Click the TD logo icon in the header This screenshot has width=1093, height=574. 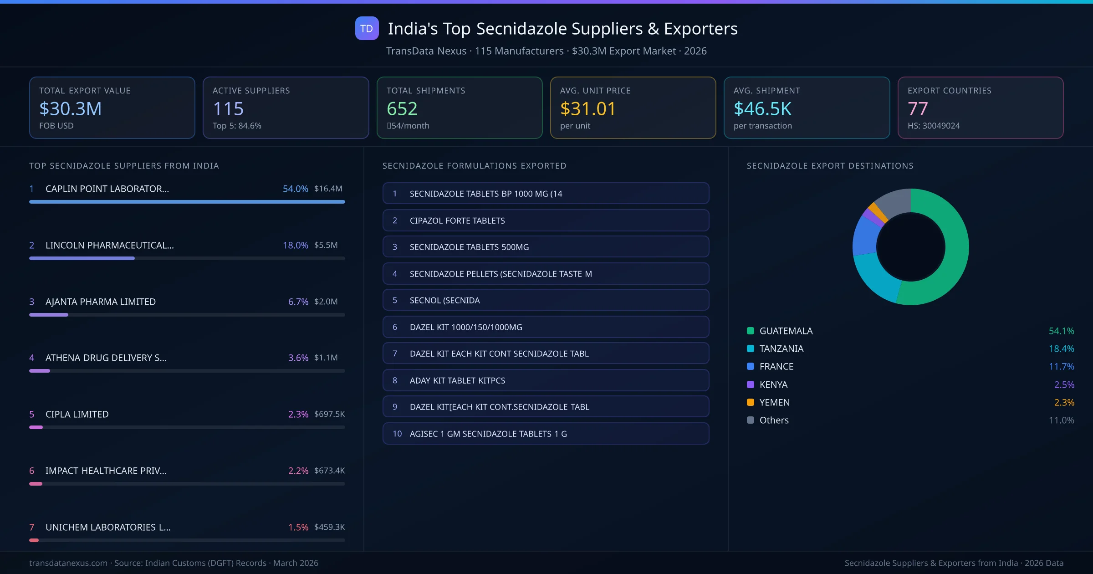tap(367, 28)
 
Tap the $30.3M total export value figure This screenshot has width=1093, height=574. tap(71, 109)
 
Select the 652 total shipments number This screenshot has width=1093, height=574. tap(402, 109)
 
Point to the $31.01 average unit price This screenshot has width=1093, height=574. tap(587, 109)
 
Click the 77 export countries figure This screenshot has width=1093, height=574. tap(917, 109)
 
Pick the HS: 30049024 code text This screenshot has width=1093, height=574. tap(933, 126)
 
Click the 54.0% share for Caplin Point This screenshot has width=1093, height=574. tap(295, 189)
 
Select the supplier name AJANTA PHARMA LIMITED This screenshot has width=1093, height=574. tap(100, 302)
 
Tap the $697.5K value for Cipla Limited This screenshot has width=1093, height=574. tap(329, 414)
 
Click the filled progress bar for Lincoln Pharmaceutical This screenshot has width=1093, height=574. tap(82, 258)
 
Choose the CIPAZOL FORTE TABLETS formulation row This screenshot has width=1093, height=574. tap(545, 220)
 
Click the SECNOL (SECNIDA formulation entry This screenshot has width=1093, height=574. tap(545, 300)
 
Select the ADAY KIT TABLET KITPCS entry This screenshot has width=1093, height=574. tap(545, 380)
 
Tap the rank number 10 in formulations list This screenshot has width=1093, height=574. tap(397, 434)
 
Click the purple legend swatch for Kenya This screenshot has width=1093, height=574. tap(751, 384)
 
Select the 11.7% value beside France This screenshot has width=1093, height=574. tap(1061, 367)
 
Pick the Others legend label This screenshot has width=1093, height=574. tap(774, 420)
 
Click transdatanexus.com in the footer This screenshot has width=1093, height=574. tap(68, 563)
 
